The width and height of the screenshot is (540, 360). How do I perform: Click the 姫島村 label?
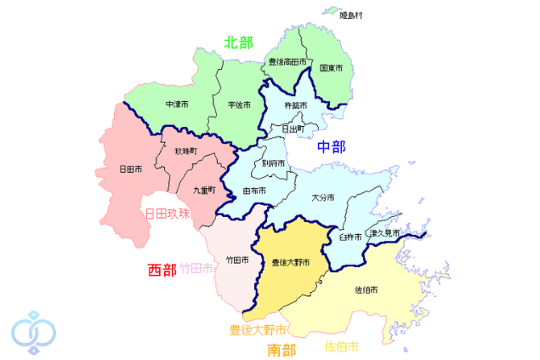(351, 15)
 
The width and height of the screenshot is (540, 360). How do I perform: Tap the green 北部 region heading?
(238, 43)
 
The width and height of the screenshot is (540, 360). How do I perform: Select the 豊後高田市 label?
(287, 61)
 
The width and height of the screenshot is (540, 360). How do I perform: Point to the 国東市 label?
(331, 68)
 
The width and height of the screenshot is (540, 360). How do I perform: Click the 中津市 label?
(177, 105)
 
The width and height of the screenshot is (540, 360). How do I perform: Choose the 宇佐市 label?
(239, 105)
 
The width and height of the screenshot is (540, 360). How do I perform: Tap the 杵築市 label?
(296, 106)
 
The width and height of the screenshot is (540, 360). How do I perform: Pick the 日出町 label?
(294, 129)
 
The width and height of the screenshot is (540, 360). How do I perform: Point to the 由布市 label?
(255, 191)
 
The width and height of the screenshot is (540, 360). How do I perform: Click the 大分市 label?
(323, 197)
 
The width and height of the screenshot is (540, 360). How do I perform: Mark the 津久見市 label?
(384, 232)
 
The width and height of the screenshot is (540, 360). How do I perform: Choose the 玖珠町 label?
(185, 151)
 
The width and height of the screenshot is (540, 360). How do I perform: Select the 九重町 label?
(204, 191)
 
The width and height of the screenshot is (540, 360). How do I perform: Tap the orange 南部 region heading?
(281, 349)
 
